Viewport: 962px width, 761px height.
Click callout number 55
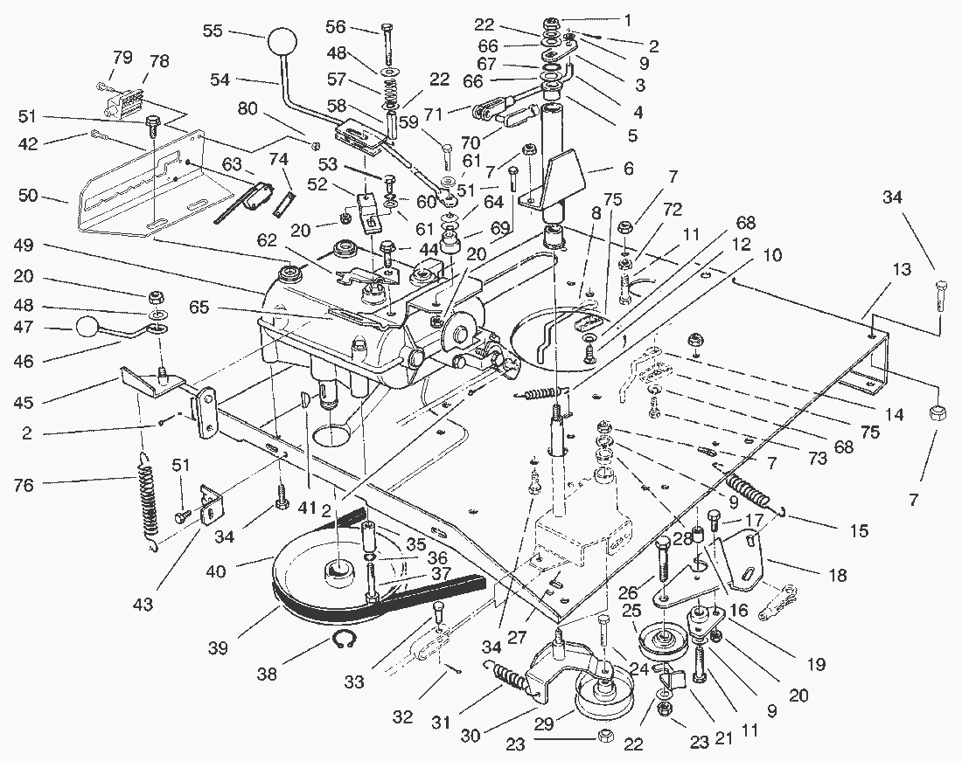pos(213,30)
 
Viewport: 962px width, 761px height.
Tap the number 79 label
pos(122,58)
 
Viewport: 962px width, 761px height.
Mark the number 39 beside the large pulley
pos(218,647)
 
